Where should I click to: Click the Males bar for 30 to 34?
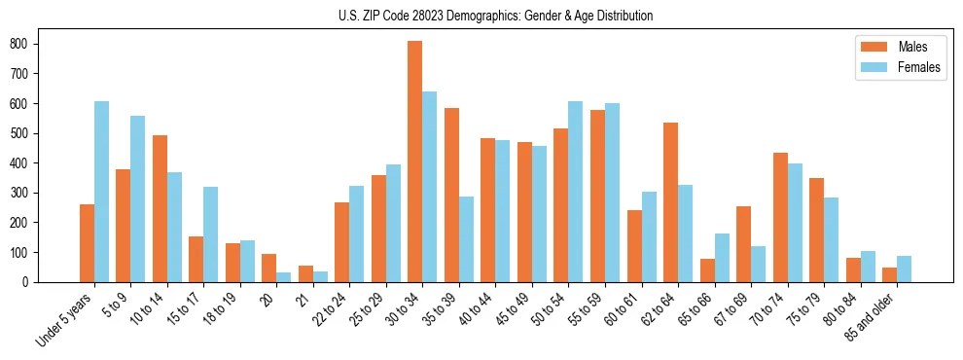pyautogui.click(x=415, y=162)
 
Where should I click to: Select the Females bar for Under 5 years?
pyautogui.click(x=101, y=192)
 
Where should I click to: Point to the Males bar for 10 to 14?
pyautogui.click(x=160, y=208)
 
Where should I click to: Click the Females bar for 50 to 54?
pyautogui.click(x=576, y=192)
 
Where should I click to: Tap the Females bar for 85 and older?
pyautogui.click(x=905, y=269)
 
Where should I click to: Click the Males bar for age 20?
pyautogui.click(x=269, y=268)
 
